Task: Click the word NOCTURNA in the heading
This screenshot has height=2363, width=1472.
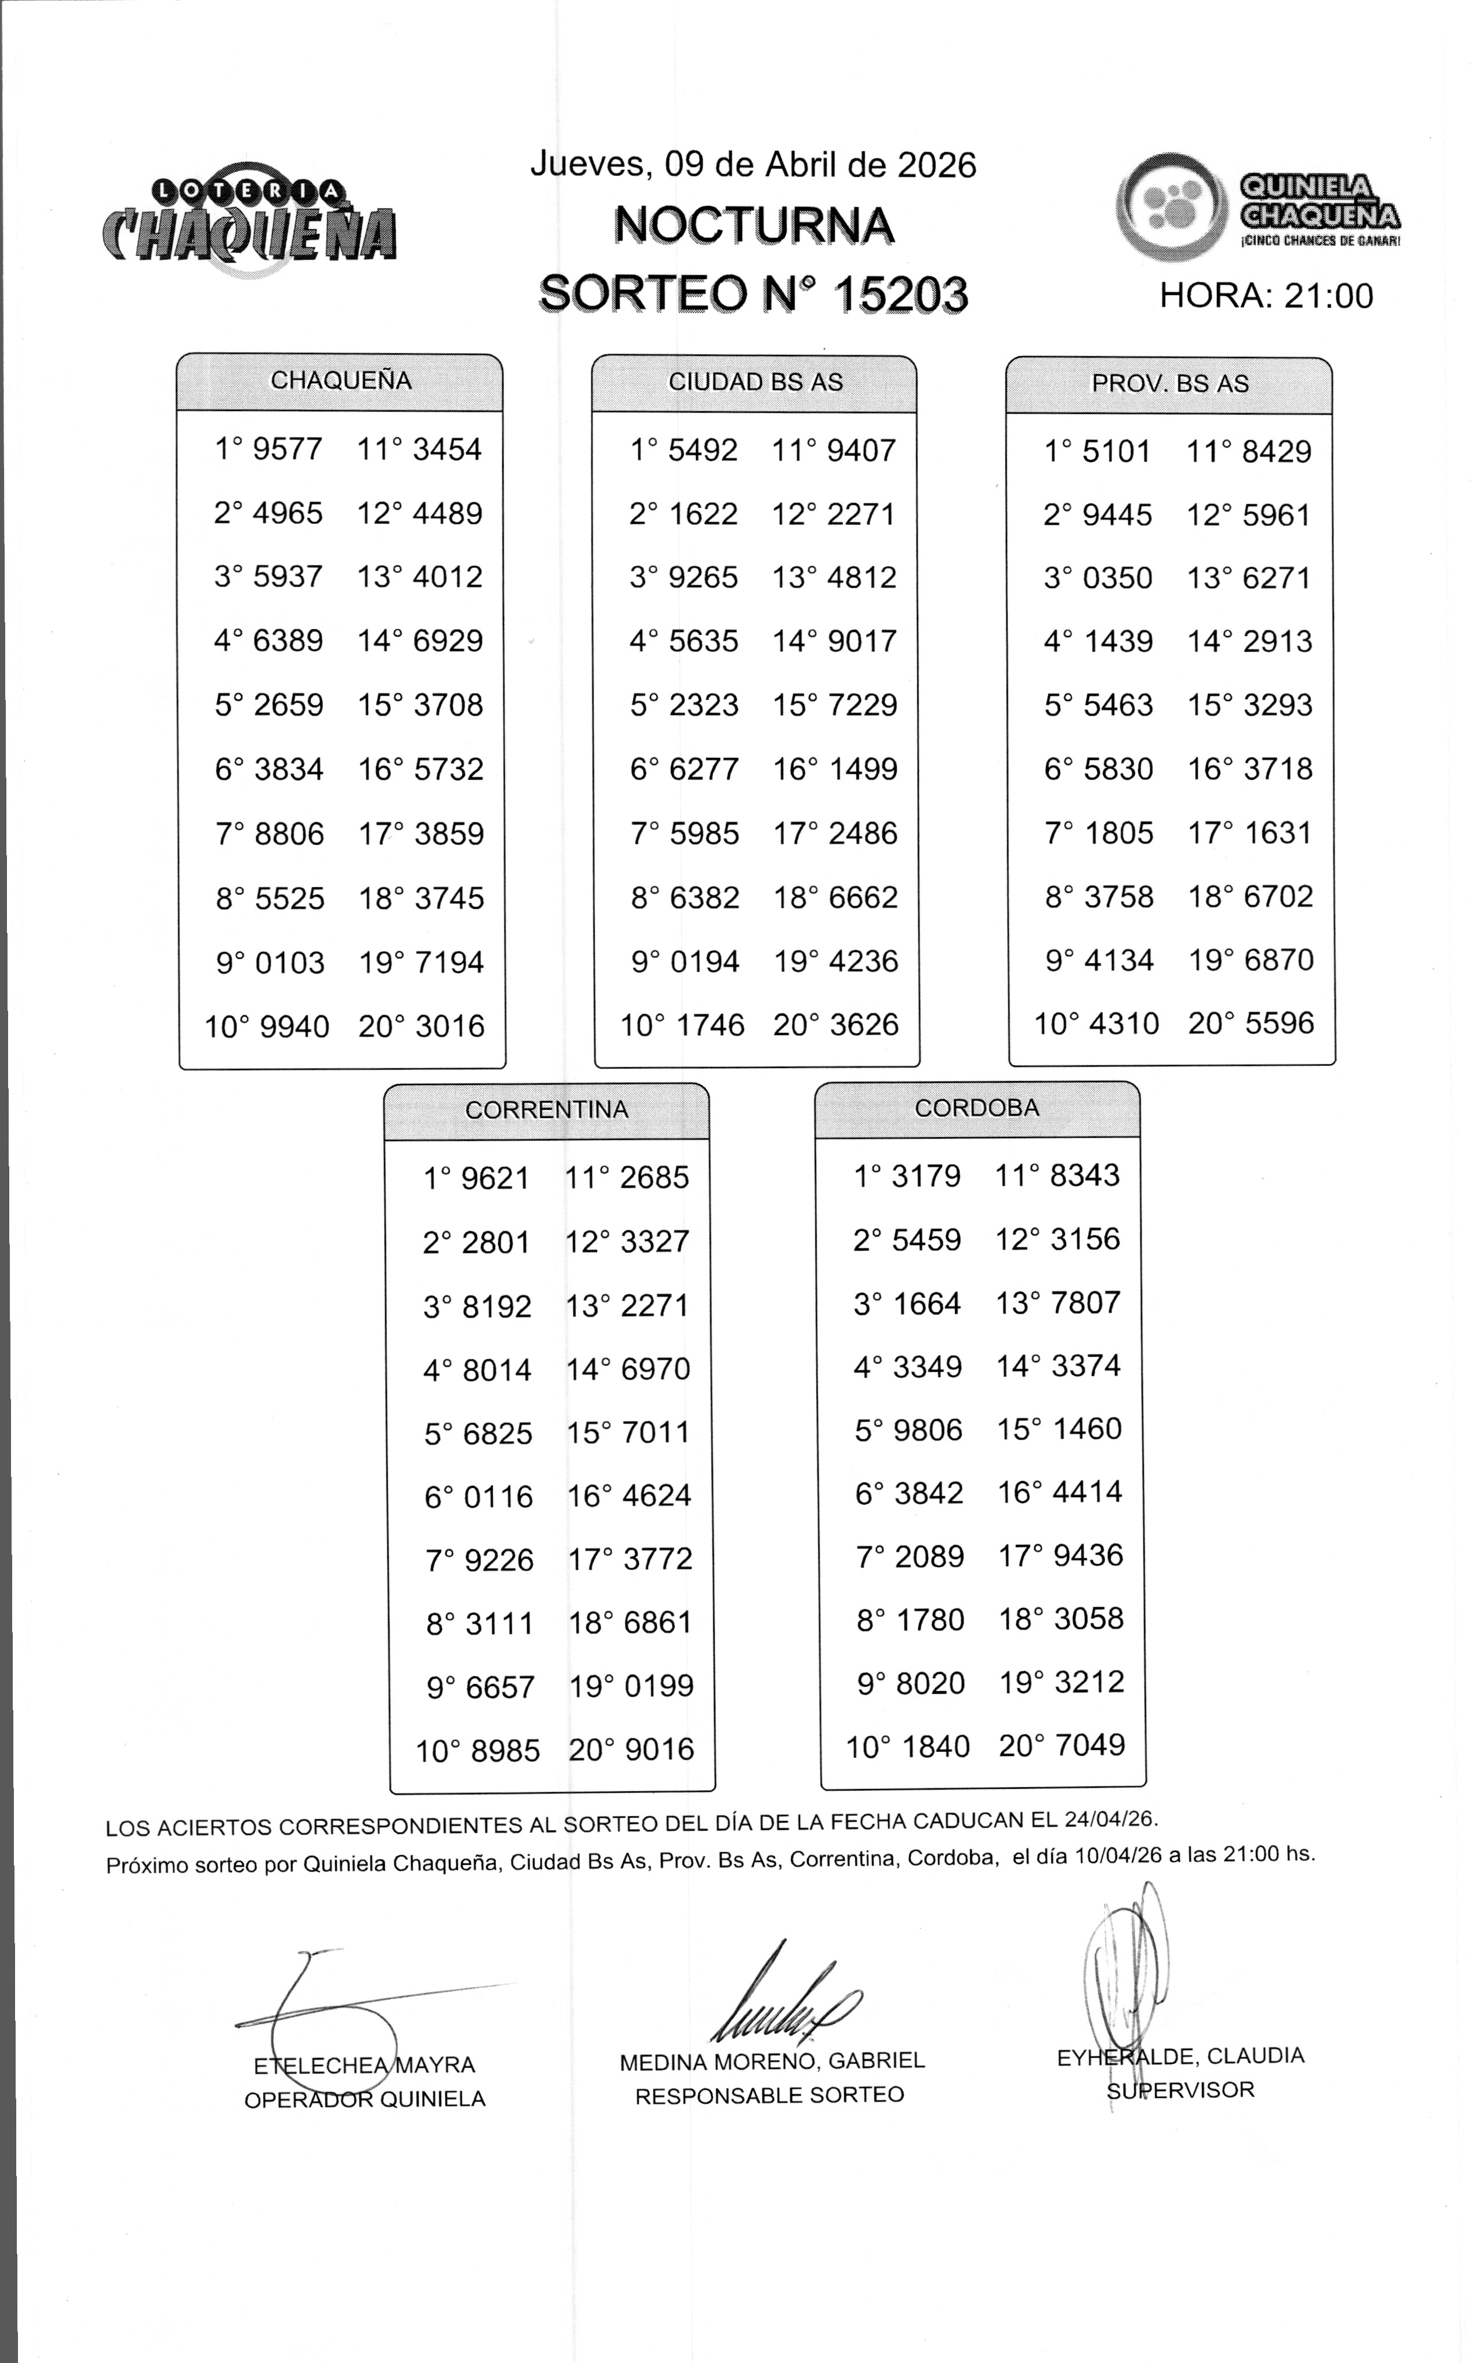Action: (x=754, y=226)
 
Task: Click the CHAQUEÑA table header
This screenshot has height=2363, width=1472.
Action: (x=341, y=380)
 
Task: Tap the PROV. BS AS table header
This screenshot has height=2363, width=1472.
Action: (x=1169, y=384)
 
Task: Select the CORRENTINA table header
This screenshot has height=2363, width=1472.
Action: (x=546, y=1110)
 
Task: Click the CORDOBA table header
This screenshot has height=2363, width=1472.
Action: (x=976, y=1108)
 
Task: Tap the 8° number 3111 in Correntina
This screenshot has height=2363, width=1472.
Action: (x=499, y=1623)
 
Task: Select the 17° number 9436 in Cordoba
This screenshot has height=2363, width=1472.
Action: (x=1088, y=1555)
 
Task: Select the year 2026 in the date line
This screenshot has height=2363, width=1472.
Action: (x=936, y=165)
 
